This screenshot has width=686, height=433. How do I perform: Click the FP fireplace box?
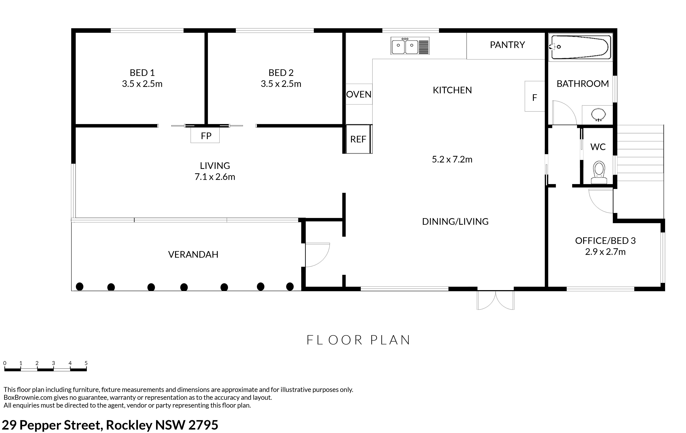tap(205, 135)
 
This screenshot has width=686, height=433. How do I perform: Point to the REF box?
tap(358, 139)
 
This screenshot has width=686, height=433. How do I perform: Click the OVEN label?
tap(359, 94)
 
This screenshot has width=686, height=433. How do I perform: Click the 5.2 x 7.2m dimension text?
tap(452, 159)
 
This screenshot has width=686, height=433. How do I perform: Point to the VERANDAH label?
tap(193, 254)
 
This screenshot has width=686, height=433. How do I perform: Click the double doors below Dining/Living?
tap(496, 300)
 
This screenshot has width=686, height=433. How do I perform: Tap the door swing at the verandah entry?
tap(325, 259)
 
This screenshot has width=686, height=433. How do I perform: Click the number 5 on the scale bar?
tap(86, 363)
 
